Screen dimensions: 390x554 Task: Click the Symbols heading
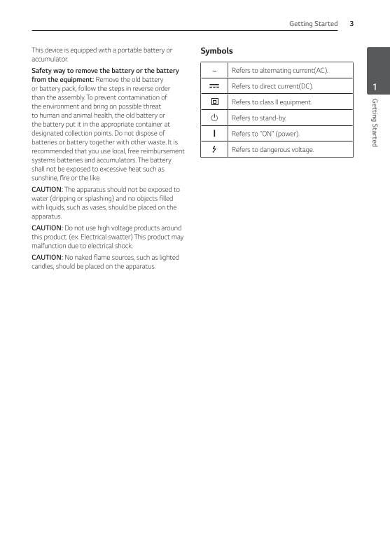point(216,51)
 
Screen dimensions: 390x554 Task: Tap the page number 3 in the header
point(351,24)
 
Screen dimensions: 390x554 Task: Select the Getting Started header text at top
point(313,24)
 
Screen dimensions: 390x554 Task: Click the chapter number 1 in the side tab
point(375,88)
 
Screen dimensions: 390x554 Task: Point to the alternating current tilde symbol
point(214,71)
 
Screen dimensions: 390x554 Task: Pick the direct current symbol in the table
point(214,86)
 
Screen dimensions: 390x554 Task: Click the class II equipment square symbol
point(214,102)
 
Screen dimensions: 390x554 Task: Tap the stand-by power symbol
point(214,118)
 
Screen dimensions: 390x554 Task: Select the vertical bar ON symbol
point(214,134)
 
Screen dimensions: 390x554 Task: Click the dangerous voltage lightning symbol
point(214,149)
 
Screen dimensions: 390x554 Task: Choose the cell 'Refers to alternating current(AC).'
point(279,71)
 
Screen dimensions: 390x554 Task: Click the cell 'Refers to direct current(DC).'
point(272,86)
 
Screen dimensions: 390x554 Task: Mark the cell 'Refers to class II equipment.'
point(272,102)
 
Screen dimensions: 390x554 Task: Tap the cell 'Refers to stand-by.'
point(258,118)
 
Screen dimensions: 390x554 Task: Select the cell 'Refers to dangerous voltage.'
point(272,149)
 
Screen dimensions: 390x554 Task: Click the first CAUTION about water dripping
point(47,190)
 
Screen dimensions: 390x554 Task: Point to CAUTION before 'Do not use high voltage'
point(47,228)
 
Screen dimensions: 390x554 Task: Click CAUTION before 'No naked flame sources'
point(47,258)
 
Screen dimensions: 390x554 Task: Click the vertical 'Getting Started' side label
point(375,123)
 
